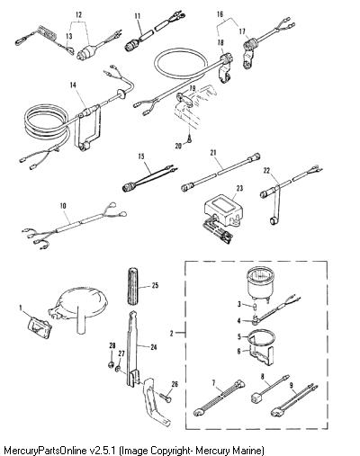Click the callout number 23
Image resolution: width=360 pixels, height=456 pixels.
(239, 188)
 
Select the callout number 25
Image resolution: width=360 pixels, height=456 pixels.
(155, 285)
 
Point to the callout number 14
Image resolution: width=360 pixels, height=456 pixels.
(73, 85)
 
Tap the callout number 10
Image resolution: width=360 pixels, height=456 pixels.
(63, 206)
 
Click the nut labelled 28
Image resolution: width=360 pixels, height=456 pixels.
(111, 365)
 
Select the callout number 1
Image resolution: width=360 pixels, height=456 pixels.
(21, 308)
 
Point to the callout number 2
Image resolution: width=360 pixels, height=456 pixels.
(171, 333)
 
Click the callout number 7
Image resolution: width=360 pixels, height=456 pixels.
(213, 383)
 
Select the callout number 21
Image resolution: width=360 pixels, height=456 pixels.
(213, 153)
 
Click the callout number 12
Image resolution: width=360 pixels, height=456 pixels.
(78, 14)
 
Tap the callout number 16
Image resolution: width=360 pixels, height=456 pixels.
(220, 13)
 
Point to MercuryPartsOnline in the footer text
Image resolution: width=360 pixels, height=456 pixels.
(46, 451)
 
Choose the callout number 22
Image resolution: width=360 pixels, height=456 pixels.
(266, 170)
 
